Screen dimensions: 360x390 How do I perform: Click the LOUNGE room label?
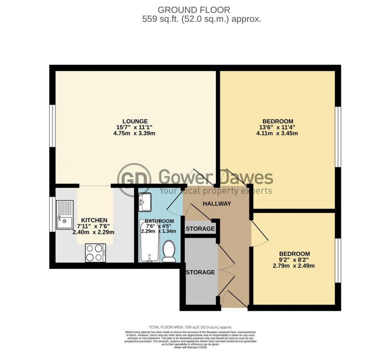pos(135,121)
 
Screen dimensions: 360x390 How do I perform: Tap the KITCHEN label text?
pos(94,220)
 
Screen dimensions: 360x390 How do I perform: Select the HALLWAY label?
pos(216,203)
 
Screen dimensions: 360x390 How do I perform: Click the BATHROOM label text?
pos(159,221)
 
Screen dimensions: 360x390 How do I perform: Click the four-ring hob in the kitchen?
pos(95,252)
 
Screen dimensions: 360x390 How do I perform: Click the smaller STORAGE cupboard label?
pos(201,229)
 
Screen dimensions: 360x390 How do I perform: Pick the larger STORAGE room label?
pos(201,272)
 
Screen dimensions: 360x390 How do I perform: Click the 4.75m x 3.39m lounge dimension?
pos(135,133)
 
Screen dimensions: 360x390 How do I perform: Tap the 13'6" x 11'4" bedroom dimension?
pos(277,127)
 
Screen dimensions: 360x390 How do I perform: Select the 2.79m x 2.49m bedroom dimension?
pos(294,266)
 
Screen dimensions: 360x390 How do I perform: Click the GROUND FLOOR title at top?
pos(194,10)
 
